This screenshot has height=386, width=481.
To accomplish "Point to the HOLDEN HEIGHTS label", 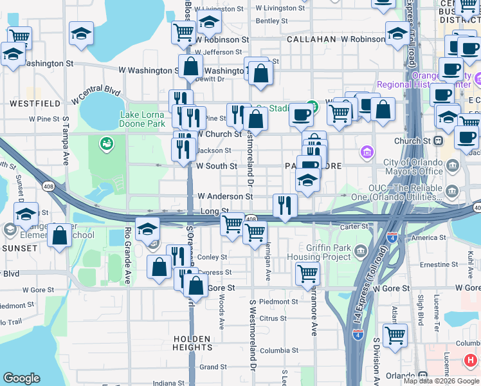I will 192,343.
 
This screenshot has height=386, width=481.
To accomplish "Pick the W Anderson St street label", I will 225,196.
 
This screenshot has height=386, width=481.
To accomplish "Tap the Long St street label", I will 215,211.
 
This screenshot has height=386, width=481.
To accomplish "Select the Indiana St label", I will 169,383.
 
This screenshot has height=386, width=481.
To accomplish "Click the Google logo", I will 21,378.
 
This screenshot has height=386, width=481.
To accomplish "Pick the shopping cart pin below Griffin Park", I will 307,273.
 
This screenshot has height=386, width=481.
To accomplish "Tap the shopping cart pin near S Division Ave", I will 395,335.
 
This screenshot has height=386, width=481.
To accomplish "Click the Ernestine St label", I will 438,264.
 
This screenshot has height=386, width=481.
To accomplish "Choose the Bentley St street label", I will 271,21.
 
